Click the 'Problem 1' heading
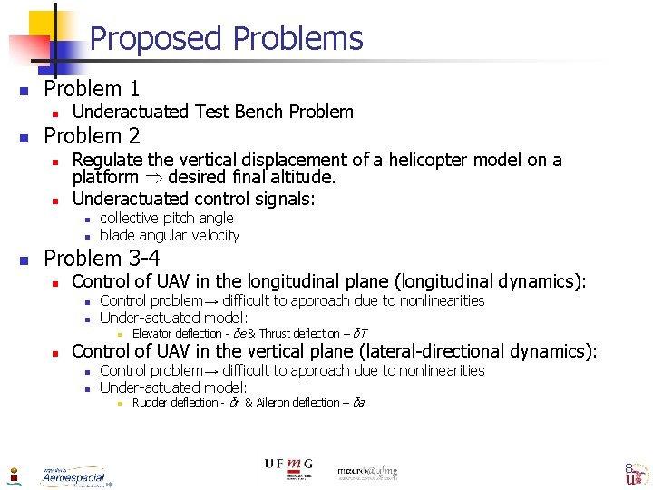(x=92, y=89)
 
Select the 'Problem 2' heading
(x=92, y=136)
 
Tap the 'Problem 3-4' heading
(x=102, y=259)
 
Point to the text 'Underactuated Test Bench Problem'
(x=212, y=112)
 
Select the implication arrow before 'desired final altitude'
(x=151, y=178)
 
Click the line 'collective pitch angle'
(x=166, y=218)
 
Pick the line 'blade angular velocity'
(x=169, y=235)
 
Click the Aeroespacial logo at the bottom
(x=73, y=475)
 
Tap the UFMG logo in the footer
(x=288, y=467)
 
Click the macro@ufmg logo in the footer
(x=367, y=472)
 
